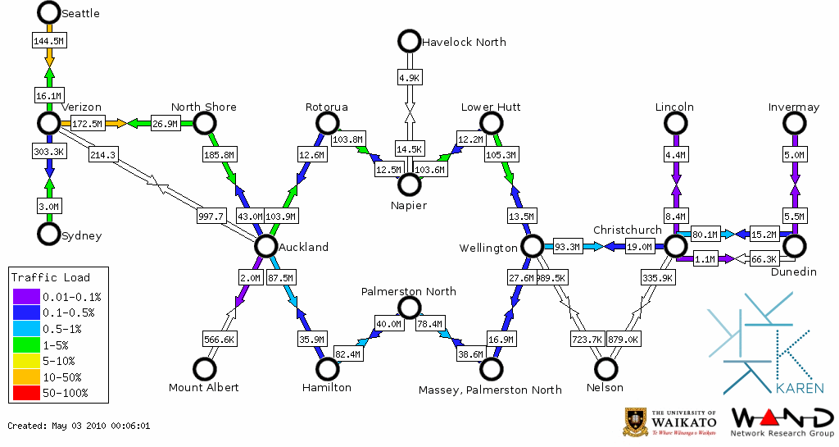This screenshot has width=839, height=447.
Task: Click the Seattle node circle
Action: pyautogui.click(x=49, y=12)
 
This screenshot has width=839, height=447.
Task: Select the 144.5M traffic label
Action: pyautogui.click(x=49, y=40)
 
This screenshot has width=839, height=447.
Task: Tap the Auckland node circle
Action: pyautogui.click(x=265, y=246)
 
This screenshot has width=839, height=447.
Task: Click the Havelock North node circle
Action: pyautogui.click(x=408, y=41)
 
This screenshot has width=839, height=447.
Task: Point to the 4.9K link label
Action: pyautogui.click(x=409, y=77)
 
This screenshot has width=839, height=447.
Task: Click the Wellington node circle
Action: pyautogui.click(x=532, y=246)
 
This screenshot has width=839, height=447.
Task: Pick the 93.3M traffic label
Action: pyautogui.click(x=567, y=246)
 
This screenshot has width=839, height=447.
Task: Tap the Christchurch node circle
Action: pyautogui.click(x=674, y=246)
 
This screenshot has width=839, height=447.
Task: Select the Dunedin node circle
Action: pyautogui.click(x=793, y=246)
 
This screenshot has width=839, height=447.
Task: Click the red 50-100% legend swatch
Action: pyautogui.click(x=25, y=394)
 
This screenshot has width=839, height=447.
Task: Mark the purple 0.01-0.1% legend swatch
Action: pyautogui.click(x=25, y=297)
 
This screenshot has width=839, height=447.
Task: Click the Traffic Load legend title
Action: pyautogui.click(x=51, y=277)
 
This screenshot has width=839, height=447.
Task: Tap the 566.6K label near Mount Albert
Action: pyautogui.click(x=220, y=339)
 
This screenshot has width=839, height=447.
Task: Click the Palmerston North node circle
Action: pyautogui.click(x=408, y=308)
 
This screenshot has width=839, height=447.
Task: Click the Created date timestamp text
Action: pyautogui.click(x=79, y=426)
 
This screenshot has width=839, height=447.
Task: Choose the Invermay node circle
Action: pyautogui.click(x=793, y=123)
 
